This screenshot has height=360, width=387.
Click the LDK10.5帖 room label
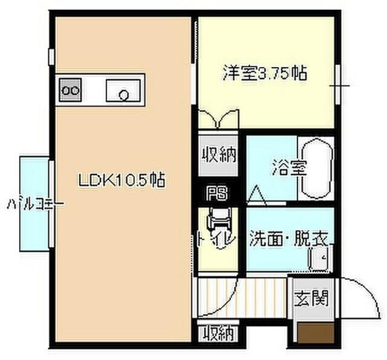122,179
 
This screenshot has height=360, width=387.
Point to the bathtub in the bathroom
316,169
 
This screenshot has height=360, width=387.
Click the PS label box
215,193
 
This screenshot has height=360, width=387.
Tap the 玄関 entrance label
311,298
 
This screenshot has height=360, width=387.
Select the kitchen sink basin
124,91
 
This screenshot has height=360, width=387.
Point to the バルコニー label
35,204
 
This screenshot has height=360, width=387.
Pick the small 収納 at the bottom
218,332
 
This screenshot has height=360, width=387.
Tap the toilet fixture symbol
216,222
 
